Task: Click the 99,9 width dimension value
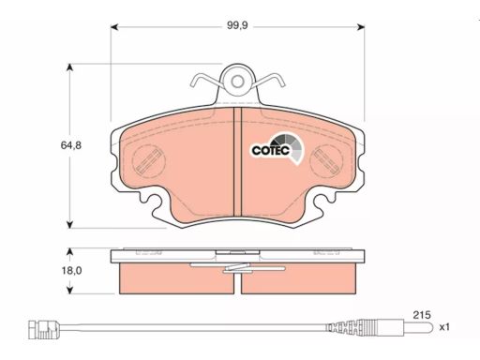[237, 25]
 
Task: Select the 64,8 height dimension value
[71, 145]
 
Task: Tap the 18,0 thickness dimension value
[71, 271]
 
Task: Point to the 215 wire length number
[422, 315]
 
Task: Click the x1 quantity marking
[444, 327]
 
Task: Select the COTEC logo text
[271, 150]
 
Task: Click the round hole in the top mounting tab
[237, 82]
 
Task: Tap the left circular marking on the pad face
[149, 161]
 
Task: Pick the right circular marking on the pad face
[326, 161]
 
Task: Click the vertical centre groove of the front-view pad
[237, 161]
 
